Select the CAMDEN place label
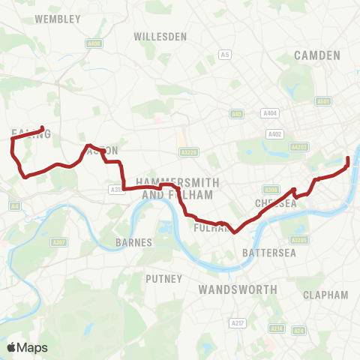point(318,55)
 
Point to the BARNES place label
point(134,242)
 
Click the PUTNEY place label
point(164,278)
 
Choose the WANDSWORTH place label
point(238,289)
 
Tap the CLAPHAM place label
point(326,295)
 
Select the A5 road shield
point(225,54)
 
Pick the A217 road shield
point(238,323)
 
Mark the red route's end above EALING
point(42,128)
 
